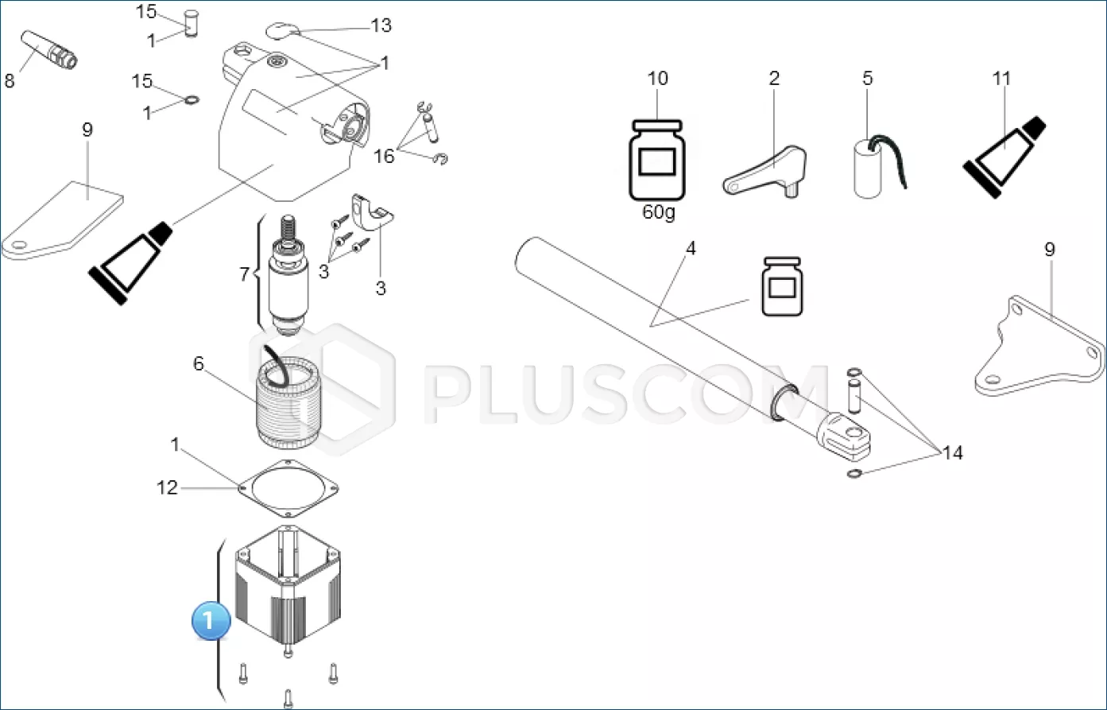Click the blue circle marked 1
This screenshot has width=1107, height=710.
(211, 620)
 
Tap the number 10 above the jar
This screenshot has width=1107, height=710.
(657, 78)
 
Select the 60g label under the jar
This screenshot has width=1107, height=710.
(658, 212)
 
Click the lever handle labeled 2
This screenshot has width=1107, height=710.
(765, 172)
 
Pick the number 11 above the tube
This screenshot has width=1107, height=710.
(1001, 78)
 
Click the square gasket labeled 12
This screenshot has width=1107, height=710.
(289, 488)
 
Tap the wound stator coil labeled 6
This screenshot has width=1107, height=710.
(288, 402)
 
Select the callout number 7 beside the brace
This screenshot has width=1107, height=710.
(244, 274)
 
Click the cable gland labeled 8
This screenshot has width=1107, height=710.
(49, 50)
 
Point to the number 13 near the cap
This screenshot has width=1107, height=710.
(381, 25)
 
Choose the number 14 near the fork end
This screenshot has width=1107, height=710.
(952, 452)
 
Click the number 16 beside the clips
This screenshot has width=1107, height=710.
(384, 157)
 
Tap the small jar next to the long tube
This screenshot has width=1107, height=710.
(782, 286)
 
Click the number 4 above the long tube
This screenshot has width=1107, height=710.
(691, 248)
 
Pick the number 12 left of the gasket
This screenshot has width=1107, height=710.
(167, 488)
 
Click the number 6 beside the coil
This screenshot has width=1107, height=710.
(198, 364)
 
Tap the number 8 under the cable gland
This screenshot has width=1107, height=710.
(10, 80)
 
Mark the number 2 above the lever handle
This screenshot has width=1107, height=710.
(774, 78)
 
